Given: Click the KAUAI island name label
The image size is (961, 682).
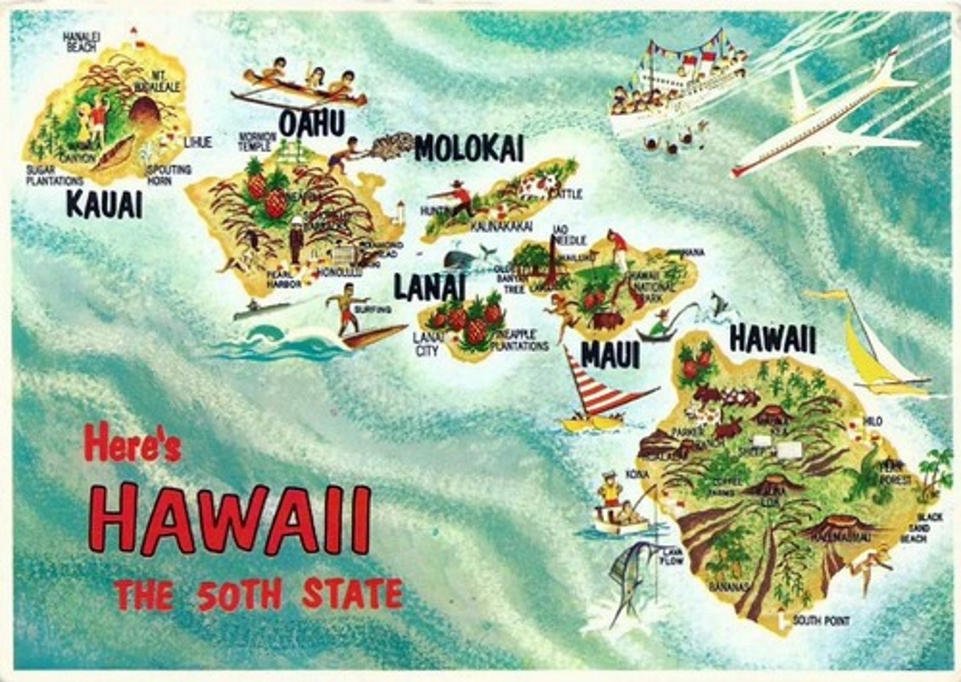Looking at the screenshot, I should tap(104, 204).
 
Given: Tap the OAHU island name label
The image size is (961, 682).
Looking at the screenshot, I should tap(312, 124).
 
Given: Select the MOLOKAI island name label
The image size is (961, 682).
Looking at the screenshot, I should tap(468, 149).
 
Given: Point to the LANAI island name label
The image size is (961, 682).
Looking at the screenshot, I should tap(428, 288).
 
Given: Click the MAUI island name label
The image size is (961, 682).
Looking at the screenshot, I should tap(610, 355).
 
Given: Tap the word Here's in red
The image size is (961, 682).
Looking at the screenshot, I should tap(132, 446).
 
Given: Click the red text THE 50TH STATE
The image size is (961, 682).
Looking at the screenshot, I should tap(258, 595).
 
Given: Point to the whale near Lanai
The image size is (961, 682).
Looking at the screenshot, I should tap(460, 259).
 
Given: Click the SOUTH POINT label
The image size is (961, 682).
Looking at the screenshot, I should tap(821, 621).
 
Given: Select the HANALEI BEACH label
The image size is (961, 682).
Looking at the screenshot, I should tap(81, 42).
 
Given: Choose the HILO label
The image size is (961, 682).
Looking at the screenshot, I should tap(872, 422).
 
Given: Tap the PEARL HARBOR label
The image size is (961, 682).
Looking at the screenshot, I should tap(284, 279).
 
